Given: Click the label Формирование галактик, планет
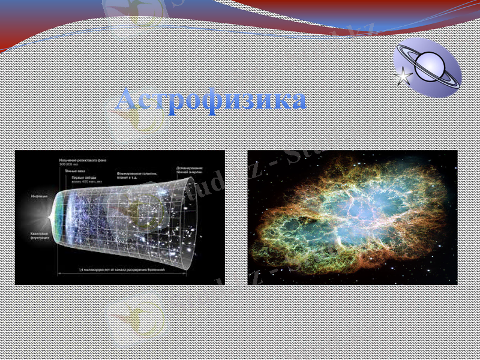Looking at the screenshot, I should (x=137, y=176).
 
